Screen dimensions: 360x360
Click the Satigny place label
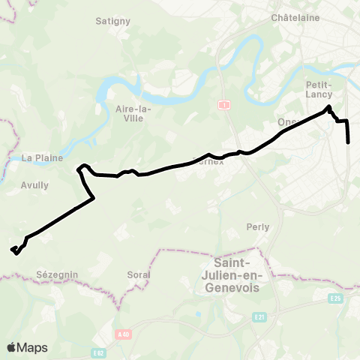(113, 21)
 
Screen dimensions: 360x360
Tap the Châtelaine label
(295, 17)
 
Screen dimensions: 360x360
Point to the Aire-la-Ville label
(133, 113)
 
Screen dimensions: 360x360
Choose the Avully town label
(35, 185)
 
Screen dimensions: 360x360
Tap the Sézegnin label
(58, 275)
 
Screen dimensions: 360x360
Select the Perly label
(258, 226)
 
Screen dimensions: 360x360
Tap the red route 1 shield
(223, 104)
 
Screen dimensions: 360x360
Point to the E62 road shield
(99, 351)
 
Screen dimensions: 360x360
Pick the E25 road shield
(335, 298)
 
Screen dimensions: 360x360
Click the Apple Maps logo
(27, 347)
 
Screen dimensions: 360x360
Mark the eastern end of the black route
(349, 142)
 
